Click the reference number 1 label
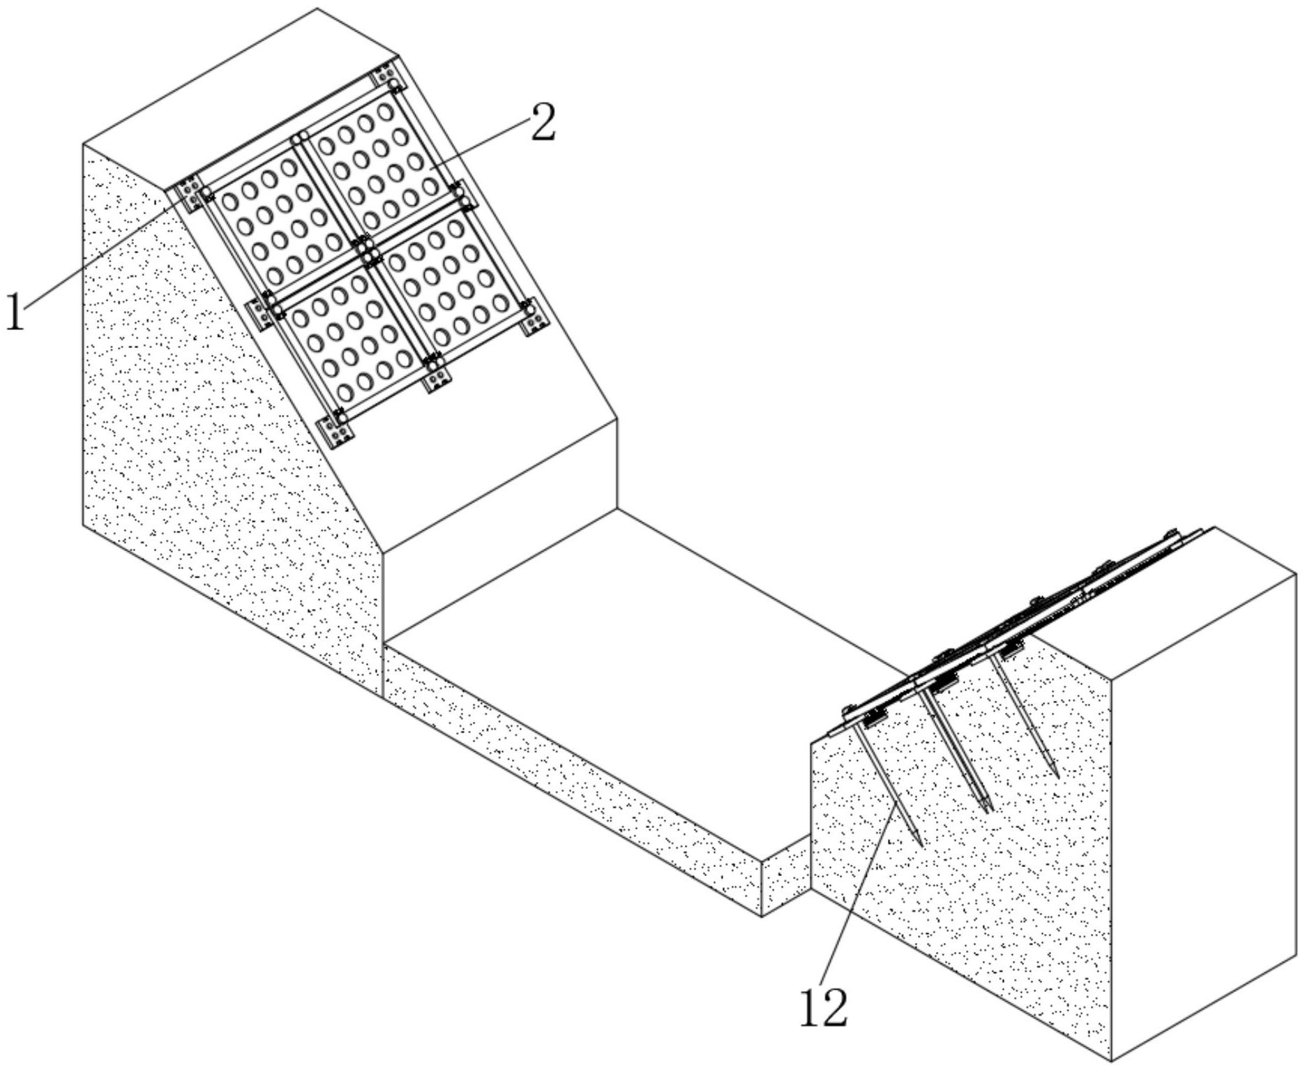15,312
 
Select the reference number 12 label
823,1008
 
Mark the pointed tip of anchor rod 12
921,845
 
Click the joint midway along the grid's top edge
300,136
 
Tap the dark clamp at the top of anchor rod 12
872,719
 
